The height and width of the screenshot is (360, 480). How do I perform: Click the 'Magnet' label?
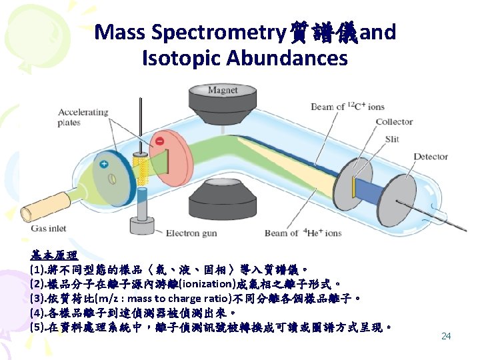click(x=222, y=90)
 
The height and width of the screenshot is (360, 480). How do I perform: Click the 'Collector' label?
click(x=394, y=122)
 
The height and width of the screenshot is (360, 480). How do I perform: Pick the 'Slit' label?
click(x=393, y=139)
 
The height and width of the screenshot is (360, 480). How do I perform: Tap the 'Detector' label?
click(x=431, y=157)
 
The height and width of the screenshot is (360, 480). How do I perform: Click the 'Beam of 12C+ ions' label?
click(x=348, y=107)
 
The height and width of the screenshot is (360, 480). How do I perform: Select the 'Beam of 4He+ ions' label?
click(x=303, y=233)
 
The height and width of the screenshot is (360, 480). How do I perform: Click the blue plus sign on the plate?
click(x=103, y=164)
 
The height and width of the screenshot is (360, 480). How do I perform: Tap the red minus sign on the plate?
click(x=159, y=141)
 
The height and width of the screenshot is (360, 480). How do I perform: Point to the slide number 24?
click(x=446, y=336)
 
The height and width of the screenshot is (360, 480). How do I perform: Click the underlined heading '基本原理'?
click(x=54, y=255)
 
